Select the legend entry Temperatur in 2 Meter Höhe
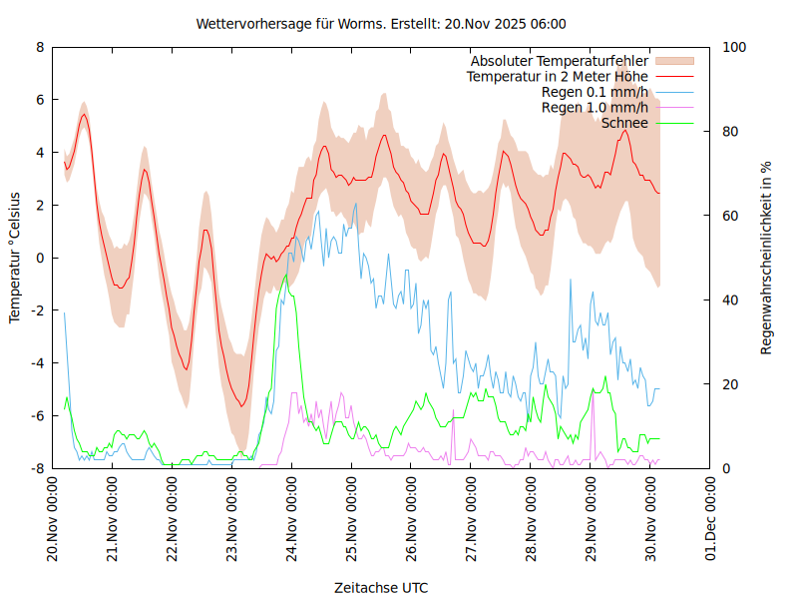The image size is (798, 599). click(557, 77)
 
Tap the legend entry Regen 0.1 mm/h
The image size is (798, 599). click(595, 92)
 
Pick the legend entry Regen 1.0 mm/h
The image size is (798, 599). click(595, 108)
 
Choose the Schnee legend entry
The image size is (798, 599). click(624, 123)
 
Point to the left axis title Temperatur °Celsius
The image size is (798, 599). click(15, 257)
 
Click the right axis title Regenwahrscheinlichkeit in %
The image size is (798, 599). click(766, 257)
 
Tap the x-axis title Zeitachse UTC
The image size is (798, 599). click(381, 587)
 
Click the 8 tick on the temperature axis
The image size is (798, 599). click(40, 47)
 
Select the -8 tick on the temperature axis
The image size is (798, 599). click(37, 468)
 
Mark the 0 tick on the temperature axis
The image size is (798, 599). click(40, 258)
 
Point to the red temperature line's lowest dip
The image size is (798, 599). click(240, 405)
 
